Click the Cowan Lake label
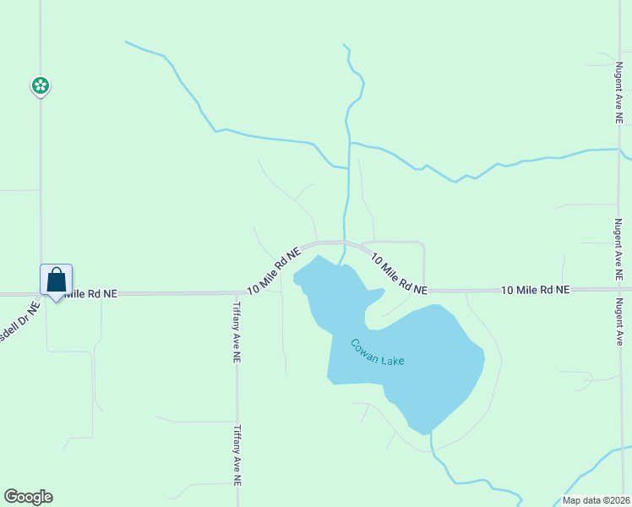378,352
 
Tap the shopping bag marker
56,280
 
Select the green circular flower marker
40,84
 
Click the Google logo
28,497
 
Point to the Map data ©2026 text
596,500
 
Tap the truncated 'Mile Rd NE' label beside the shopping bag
90,293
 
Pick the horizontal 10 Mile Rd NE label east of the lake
536,290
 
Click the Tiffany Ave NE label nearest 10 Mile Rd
237,332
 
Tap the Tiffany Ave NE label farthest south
238,455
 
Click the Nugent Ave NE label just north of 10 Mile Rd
618,249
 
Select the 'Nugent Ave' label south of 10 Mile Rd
618,321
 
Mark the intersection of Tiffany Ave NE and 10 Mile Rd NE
237,292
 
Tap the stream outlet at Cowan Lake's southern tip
431,433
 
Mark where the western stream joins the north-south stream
347,167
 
